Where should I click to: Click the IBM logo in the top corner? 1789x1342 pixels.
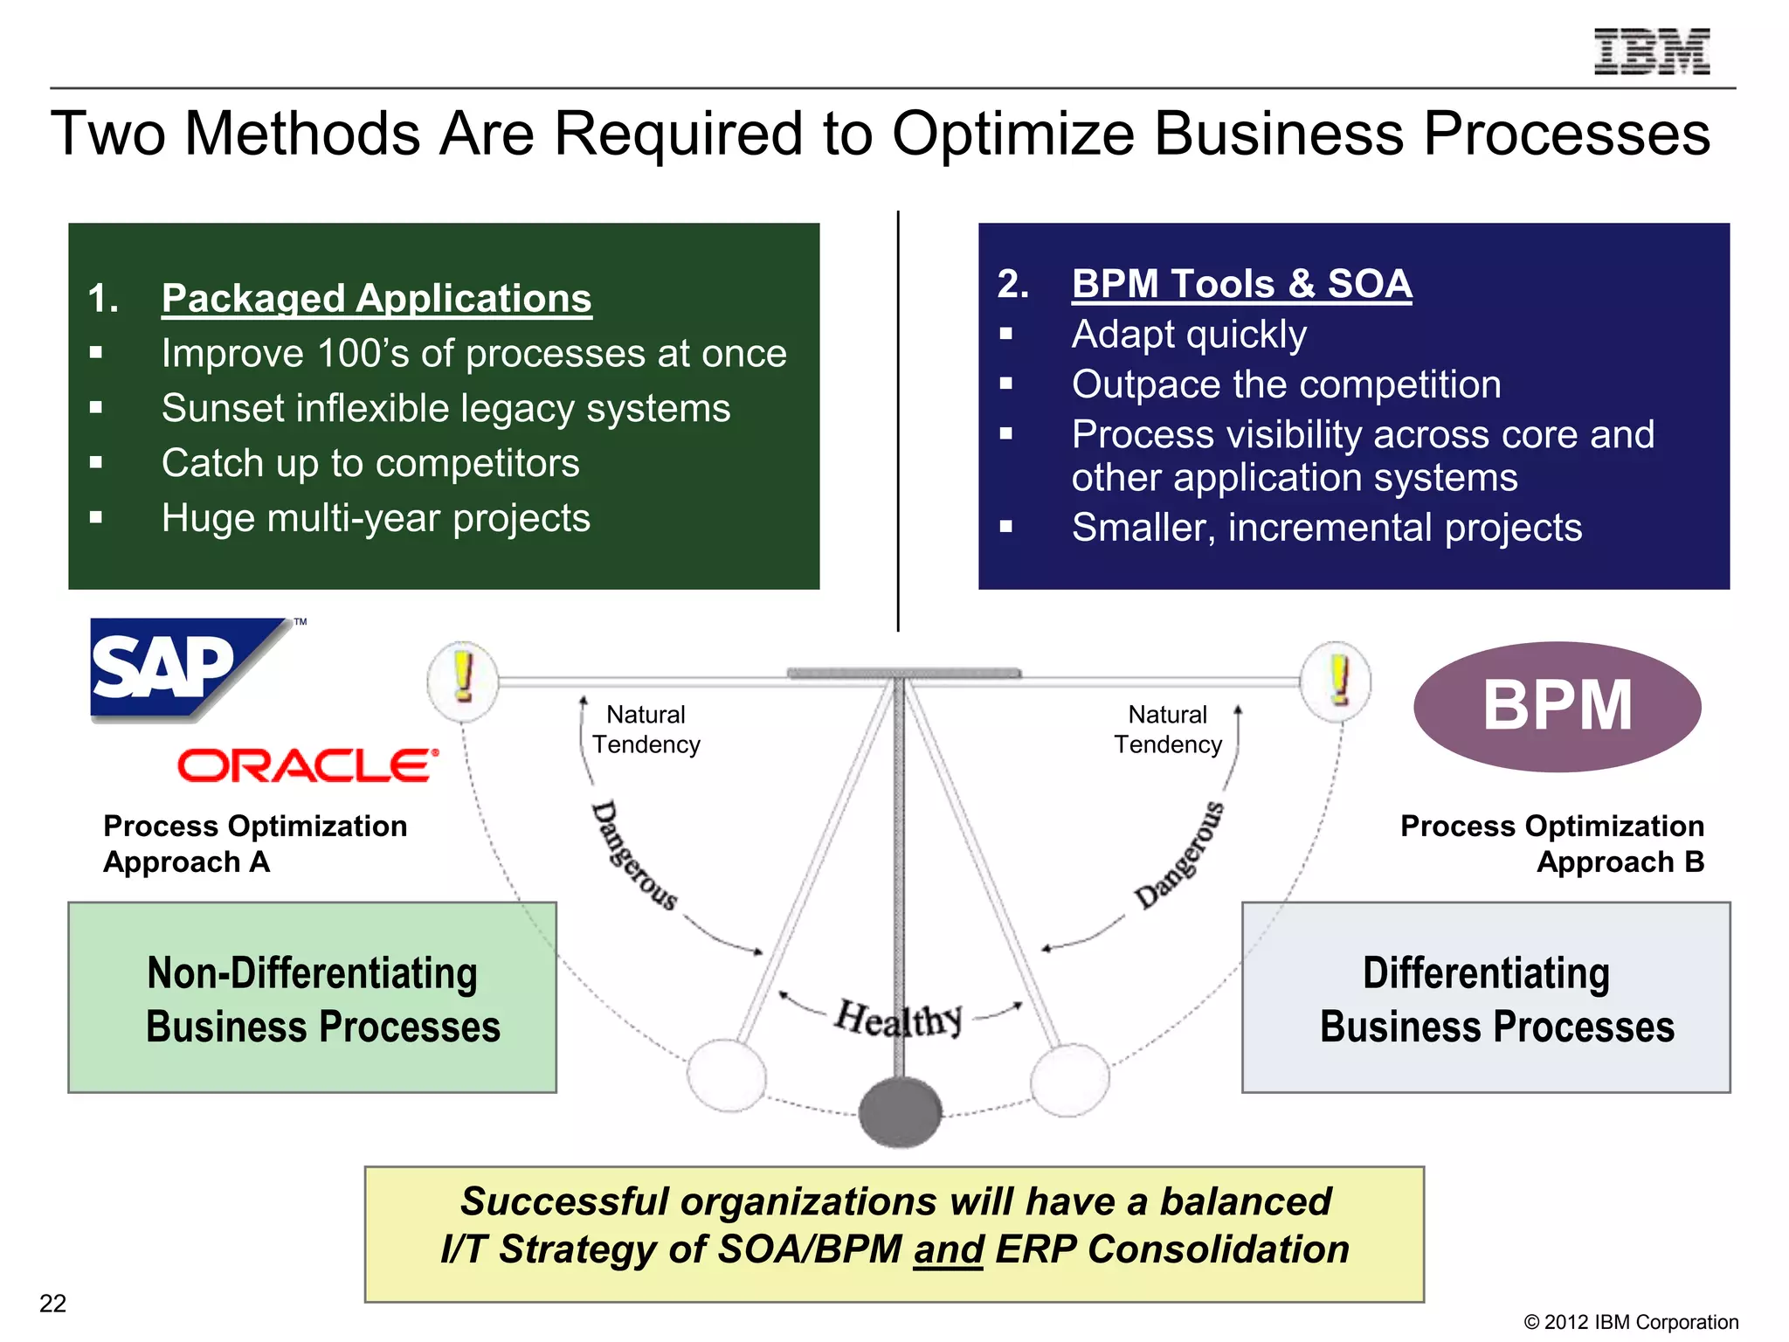(1651, 52)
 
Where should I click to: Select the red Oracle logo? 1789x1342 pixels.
(307, 765)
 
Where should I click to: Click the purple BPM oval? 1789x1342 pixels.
(1557, 706)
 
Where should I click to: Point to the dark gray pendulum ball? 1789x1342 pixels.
(900, 1111)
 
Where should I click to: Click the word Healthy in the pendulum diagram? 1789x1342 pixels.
(898, 1019)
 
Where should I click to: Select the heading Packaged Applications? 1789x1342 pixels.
(376, 299)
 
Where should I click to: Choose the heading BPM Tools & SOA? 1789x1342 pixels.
(1241, 284)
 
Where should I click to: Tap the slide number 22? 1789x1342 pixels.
(52, 1304)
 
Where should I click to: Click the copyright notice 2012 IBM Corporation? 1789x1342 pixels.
(1631, 1322)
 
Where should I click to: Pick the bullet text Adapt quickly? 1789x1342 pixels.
(1189, 335)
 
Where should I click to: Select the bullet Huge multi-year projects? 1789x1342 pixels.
(376, 518)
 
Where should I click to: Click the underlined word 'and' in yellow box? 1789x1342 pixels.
(949, 1249)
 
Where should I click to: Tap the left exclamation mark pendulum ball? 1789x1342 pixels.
(463, 681)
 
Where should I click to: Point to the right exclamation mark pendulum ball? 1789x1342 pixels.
(1336, 681)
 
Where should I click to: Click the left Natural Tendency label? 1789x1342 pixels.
(646, 730)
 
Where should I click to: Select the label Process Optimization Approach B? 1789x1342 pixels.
(1551, 844)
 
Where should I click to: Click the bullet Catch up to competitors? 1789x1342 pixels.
(370, 463)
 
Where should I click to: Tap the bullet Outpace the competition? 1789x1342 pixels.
(1286, 384)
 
